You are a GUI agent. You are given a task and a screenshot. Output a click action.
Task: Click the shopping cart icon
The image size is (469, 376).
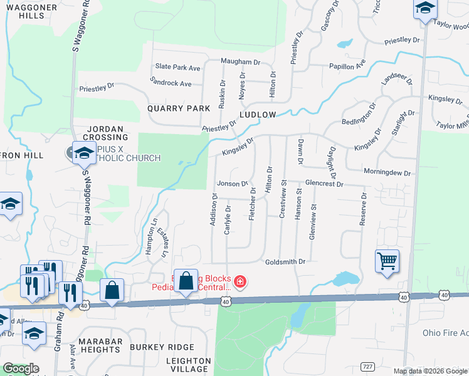point(387,261)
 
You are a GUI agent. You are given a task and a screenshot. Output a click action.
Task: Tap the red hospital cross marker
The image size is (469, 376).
point(239,283)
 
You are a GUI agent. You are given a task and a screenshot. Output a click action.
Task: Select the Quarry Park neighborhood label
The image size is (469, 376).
point(179,108)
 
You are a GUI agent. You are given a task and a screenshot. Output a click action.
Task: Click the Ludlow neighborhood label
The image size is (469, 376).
point(258,115)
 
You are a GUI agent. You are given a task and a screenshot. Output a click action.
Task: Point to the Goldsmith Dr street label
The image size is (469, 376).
point(285,261)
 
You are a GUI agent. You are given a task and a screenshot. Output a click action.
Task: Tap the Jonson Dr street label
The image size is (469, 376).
point(233,184)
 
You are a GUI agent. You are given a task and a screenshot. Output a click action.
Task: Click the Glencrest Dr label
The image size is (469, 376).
point(324,184)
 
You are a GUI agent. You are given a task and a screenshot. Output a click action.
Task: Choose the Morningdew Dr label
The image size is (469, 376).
point(387,172)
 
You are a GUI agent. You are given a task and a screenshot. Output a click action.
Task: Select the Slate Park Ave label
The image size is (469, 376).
point(178,67)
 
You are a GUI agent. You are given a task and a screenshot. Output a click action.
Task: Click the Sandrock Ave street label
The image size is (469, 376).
point(171,83)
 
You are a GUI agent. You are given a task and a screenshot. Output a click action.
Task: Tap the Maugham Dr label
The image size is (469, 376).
point(240,62)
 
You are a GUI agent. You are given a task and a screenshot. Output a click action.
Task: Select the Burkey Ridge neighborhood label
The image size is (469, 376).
point(162,347)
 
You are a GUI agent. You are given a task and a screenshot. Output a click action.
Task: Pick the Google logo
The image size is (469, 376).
point(21,368)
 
